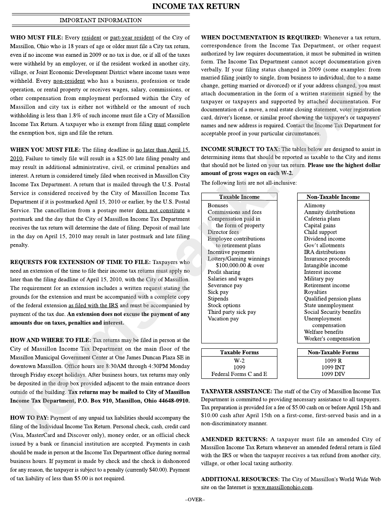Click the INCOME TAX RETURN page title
click(195, 6)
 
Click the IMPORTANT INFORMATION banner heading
click(100, 20)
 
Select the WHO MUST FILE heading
click(36, 37)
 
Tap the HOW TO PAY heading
click(29, 418)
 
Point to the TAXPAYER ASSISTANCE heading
click(236, 391)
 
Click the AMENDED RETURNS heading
click(234, 439)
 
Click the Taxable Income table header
click(239, 197)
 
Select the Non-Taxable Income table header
click(333, 197)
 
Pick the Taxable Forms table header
click(239, 352)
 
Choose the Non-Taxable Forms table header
click(333, 352)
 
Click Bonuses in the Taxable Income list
click(218, 205)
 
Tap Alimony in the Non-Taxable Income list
click(314, 205)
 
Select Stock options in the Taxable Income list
click(224, 306)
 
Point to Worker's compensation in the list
click(332, 339)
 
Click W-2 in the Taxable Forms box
click(239, 361)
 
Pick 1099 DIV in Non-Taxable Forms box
click(333, 374)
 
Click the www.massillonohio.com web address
click(282, 488)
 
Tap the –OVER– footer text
click(195, 499)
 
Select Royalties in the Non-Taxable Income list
click(315, 292)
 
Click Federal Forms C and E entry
click(239, 374)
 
